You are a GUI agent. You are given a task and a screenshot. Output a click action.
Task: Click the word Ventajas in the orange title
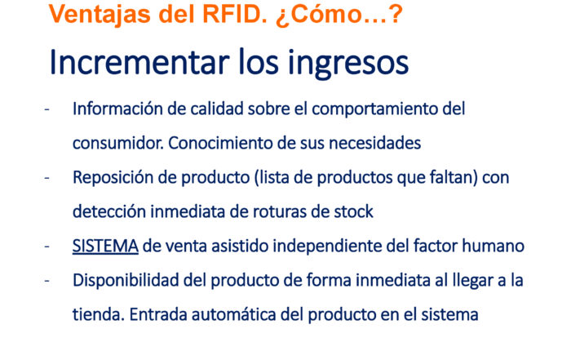click(100, 16)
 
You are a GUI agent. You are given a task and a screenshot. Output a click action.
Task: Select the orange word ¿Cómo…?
click(339, 15)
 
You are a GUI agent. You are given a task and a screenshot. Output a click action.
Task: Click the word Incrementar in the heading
click(139, 62)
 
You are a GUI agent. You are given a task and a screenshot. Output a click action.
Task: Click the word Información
click(117, 109)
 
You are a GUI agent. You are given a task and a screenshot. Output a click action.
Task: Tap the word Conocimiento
click(220, 143)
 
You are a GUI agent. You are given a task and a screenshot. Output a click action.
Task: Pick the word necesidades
click(374, 143)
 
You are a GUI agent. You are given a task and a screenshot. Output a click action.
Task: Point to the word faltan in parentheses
click(451, 177)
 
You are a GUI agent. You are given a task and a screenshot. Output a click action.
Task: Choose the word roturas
click(280, 211)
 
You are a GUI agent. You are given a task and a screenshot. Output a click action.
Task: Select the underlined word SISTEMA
click(105, 246)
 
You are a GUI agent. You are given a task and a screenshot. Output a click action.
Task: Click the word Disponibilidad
click(126, 281)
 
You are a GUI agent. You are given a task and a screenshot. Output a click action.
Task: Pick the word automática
click(233, 315)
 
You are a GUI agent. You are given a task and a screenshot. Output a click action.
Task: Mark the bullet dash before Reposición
click(46, 178)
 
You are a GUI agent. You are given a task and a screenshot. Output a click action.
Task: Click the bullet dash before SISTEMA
click(46, 247)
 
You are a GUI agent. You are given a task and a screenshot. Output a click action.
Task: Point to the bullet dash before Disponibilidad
click(46, 281)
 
